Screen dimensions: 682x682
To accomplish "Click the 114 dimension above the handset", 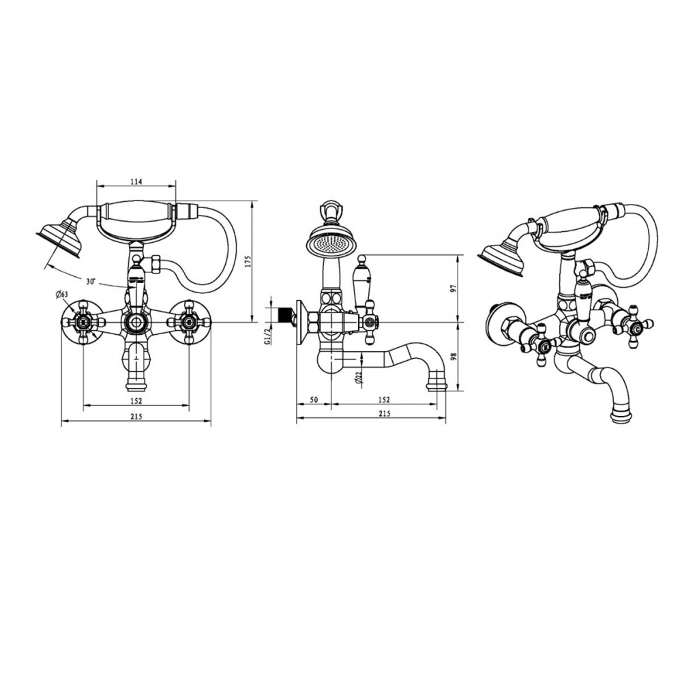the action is tap(136, 181).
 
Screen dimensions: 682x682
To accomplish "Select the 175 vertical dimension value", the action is tap(248, 262).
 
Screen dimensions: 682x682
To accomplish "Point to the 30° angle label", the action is tap(91, 282).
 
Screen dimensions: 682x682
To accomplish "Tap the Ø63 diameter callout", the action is tap(62, 295).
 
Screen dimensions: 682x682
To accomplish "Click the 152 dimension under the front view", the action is tap(136, 400).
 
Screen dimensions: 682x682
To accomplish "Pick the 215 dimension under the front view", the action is tap(136, 416).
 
